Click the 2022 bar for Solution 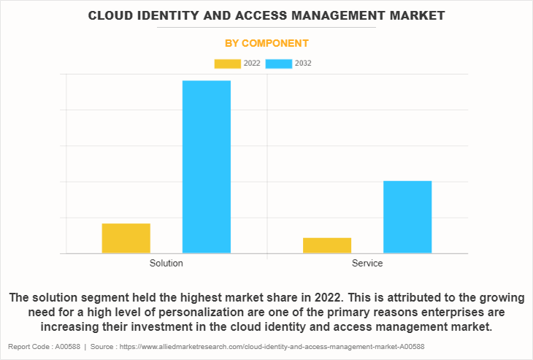126,238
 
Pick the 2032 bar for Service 407,217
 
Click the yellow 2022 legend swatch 227,64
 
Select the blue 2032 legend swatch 279,64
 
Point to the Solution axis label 166,263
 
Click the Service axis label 367,263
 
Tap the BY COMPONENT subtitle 266,43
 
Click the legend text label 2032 303,64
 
